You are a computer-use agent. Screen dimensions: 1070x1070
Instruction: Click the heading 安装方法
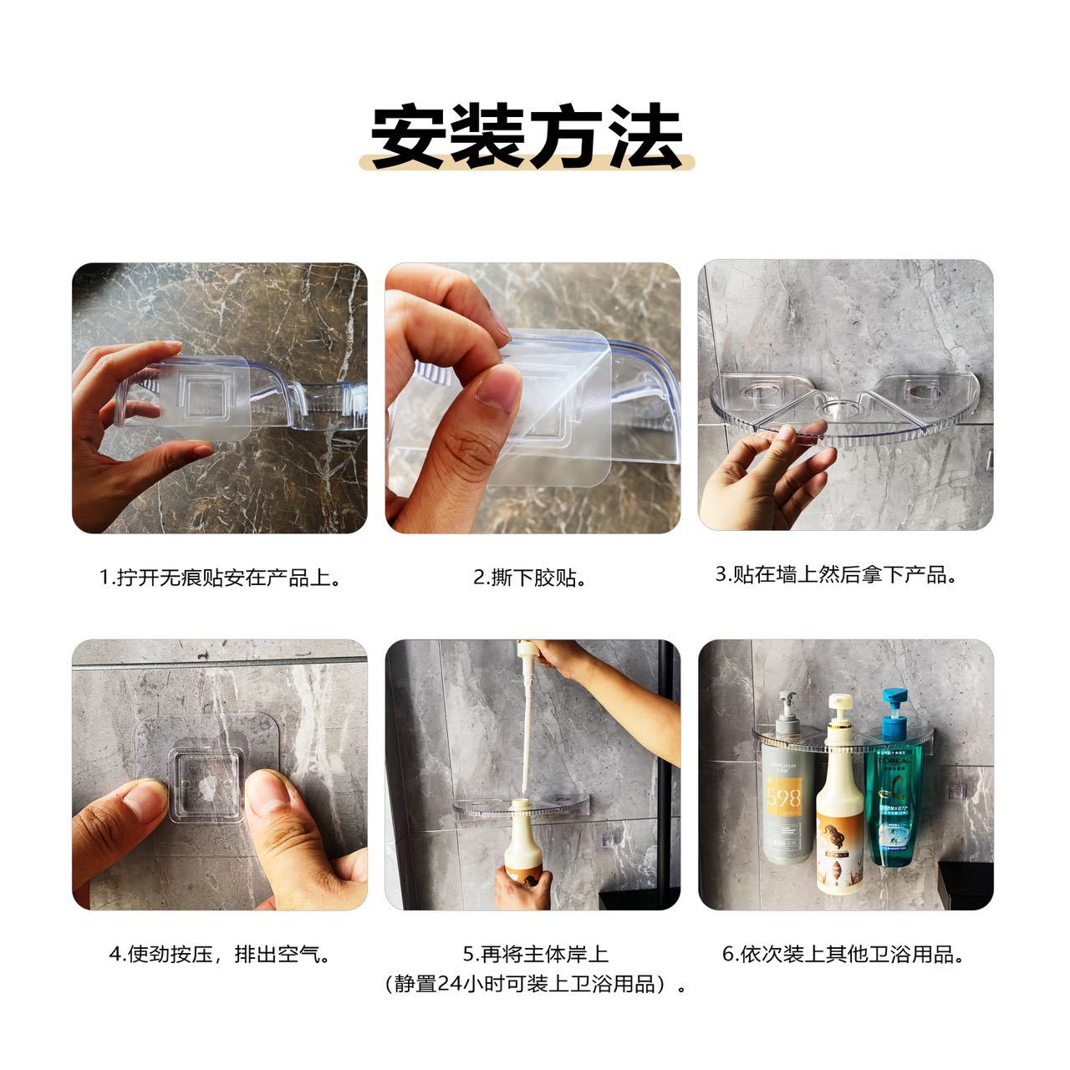tap(527, 135)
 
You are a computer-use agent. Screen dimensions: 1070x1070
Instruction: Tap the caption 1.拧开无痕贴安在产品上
tap(220, 578)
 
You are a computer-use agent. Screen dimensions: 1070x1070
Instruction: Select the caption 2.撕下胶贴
tap(531, 578)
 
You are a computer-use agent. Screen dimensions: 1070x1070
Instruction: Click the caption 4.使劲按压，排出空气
tap(221, 955)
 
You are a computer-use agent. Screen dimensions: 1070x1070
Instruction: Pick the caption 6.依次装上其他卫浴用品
tap(843, 955)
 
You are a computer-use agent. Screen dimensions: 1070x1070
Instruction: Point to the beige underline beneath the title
tap(527, 161)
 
